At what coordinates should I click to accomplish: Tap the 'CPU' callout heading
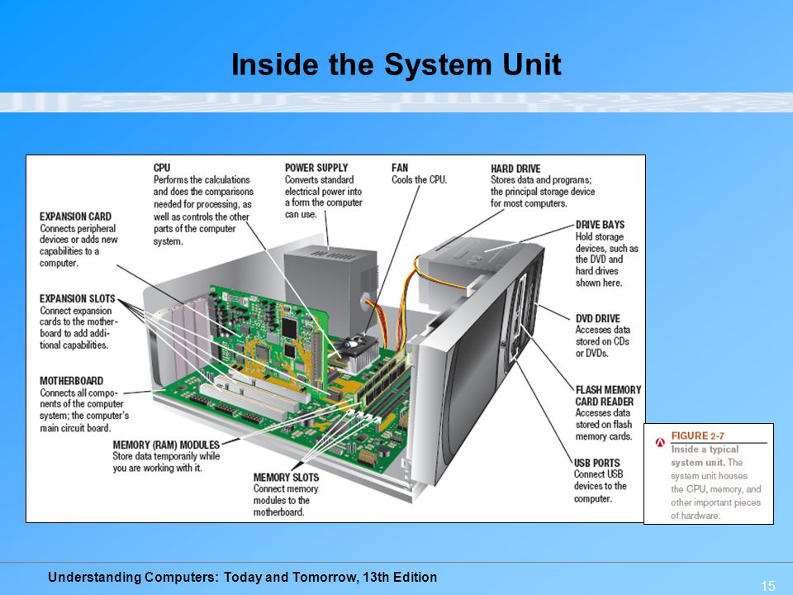[162, 168]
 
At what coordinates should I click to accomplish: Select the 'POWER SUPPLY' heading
[316, 168]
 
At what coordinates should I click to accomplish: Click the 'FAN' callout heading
[400, 168]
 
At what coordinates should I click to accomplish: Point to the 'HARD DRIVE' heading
[515, 169]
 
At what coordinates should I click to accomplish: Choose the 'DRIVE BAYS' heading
[600, 224]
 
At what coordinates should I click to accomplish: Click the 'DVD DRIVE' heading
[597, 318]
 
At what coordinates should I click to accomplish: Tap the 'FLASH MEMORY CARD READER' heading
[608, 395]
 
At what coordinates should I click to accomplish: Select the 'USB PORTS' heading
[596, 463]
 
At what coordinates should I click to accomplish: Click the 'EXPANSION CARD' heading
[75, 217]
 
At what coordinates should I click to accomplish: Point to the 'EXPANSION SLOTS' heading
[77, 298]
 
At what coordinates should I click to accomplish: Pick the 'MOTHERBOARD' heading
[71, 381]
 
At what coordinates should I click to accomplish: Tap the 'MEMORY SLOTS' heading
[286, 477]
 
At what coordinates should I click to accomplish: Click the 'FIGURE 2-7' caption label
[701, 436]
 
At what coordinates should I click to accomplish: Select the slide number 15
[767, 586]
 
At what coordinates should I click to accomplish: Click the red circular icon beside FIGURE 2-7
[660, 441]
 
